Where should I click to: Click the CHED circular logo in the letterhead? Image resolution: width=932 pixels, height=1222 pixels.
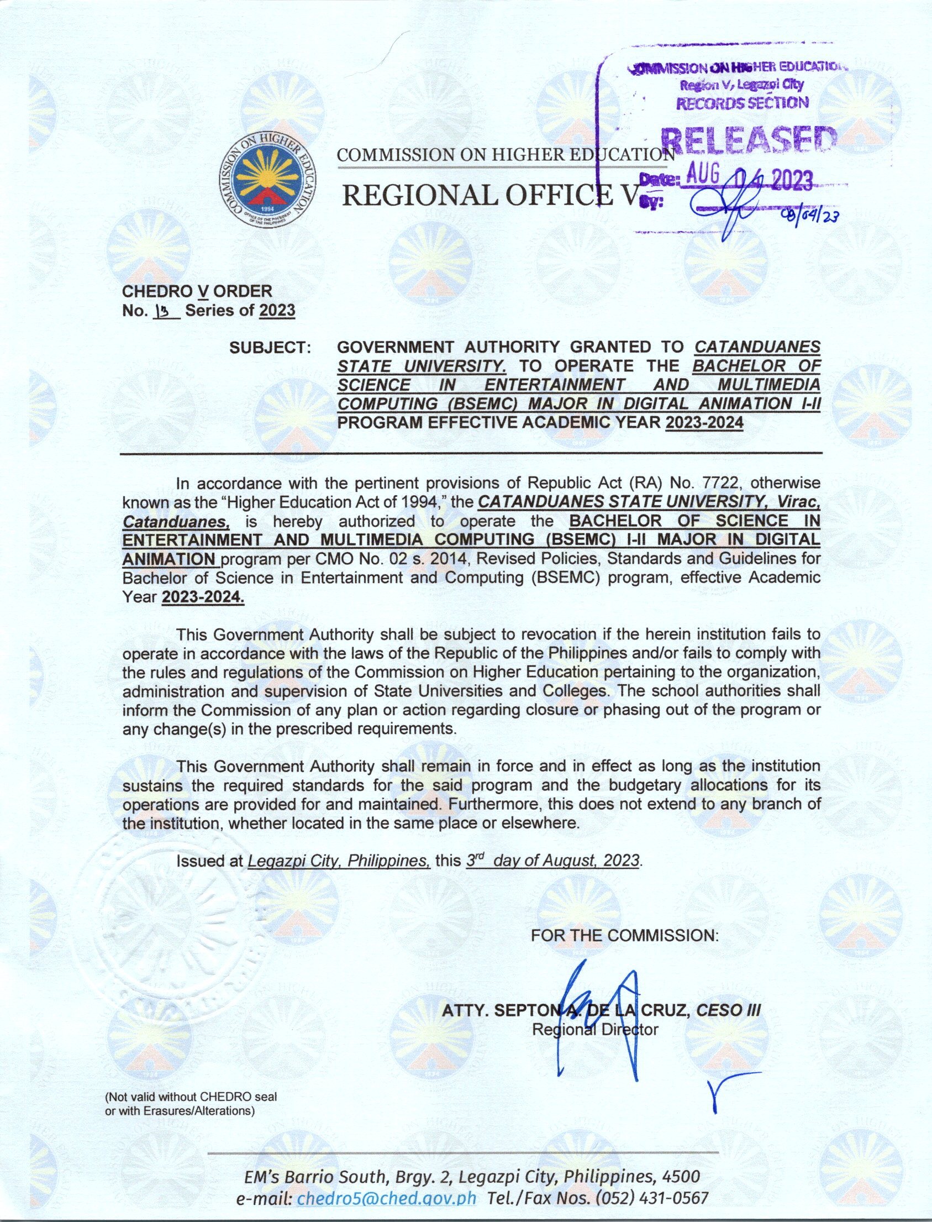pyautogui.click(x=268, y=180)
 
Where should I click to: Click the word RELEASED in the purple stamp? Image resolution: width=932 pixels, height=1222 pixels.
pyautogui.click(x=749, y=141)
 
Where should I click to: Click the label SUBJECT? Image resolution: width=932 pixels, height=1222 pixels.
pyautogui.click(x=270, y=348)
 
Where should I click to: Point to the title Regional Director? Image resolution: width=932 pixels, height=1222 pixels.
pyautogui.click(x=594, y=1030)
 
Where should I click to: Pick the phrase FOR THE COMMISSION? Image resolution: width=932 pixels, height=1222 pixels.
pyautogui.click(x=624, y=936)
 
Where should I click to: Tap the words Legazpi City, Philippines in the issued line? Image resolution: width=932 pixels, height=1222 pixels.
pyautogui.click(x=339, y=861)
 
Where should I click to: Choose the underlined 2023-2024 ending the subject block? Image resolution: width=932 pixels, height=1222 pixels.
pyautogui.click(x=704, y=423)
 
